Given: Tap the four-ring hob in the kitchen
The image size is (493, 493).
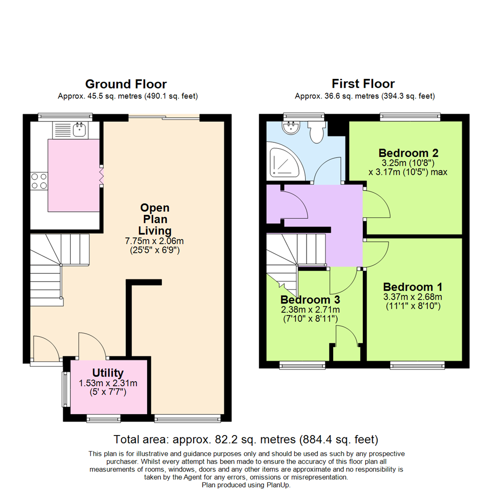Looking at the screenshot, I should coord(38,181).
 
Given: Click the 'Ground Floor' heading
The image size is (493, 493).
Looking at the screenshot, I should coord(126,84).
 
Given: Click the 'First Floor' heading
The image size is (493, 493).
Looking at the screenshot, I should coord(363,84).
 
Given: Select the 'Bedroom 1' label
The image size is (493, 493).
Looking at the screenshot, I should coord(412,287).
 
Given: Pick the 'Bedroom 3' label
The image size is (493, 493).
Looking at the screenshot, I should coord(310,300).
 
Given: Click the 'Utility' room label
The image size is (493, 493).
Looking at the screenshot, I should coord(108,373).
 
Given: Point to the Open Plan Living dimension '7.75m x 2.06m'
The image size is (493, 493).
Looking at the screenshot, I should coord(154,241).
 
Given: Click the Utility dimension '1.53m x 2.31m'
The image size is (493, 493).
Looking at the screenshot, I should coord(108,383).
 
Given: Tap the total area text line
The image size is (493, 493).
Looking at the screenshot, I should coord(246,440).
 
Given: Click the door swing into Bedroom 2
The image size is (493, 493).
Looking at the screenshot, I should coord(377,205).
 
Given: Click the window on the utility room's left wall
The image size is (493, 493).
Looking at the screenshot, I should coord(65,389).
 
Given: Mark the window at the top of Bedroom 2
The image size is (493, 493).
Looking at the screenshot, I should coord(410,117).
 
